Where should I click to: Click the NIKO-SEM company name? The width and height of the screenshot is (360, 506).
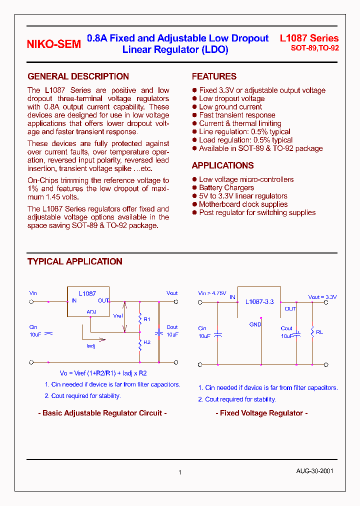53,44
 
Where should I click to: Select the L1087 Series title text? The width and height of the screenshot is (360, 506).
309,38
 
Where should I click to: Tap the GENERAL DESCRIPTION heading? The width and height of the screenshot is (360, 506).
78,76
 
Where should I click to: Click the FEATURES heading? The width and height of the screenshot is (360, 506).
214,76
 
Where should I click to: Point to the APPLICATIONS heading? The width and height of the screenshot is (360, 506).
222,165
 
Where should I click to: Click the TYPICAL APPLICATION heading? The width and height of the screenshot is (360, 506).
74,261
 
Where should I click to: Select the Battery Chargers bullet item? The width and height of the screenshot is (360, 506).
226,187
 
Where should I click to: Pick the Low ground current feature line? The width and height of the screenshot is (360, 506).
230,107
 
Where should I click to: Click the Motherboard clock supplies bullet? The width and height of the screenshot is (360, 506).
243,204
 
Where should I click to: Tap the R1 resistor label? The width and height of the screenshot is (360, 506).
147,319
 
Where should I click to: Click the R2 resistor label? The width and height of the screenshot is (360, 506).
147,342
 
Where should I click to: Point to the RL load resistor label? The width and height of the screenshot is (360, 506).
319,332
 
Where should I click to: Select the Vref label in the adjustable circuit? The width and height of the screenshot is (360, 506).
118,316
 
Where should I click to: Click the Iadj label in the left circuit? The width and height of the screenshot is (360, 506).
90,346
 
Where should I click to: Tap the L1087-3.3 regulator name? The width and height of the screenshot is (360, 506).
259,302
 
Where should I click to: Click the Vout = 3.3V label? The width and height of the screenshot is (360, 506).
322,297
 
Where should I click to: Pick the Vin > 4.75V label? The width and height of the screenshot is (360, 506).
212,293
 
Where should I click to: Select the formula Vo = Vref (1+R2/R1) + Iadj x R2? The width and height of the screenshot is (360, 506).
103,373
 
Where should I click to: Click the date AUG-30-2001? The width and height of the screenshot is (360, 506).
314,471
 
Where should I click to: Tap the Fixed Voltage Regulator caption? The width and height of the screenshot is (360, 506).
261,413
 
